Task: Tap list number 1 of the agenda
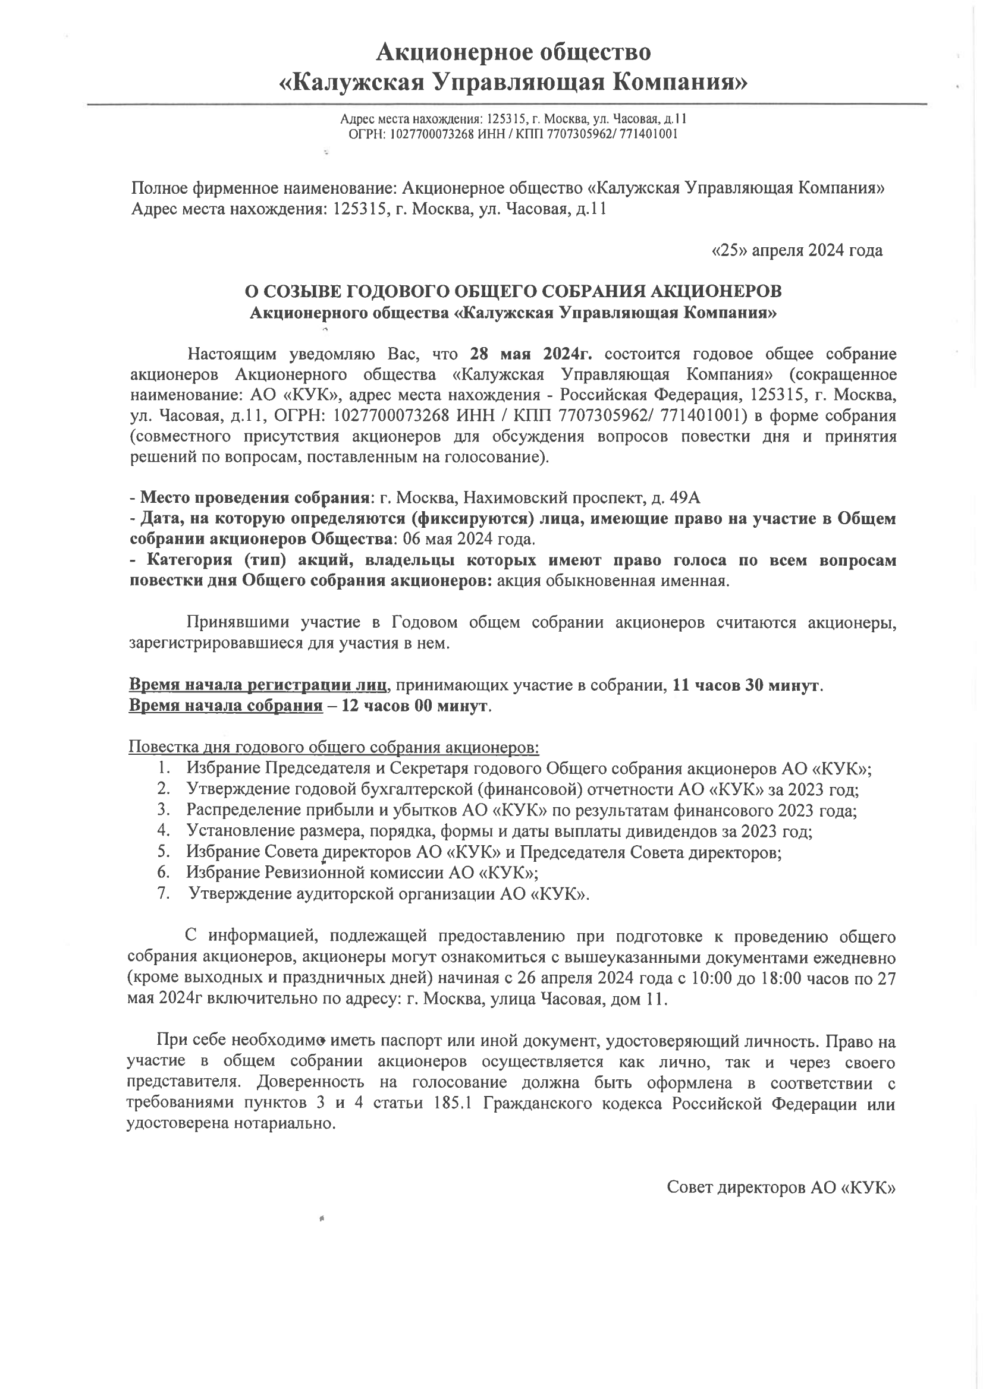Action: tap(162, 768)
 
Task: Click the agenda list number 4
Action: tap(162, 831)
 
